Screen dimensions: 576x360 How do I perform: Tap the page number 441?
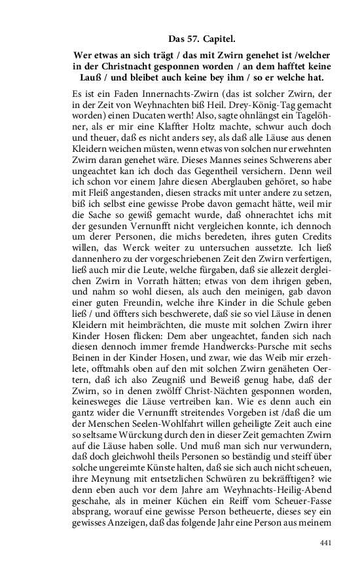click(326, 543)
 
